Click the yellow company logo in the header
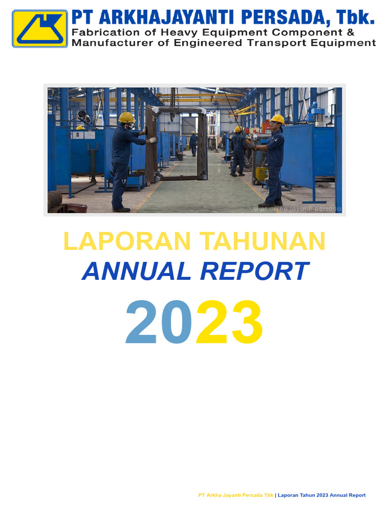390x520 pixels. pos(40,29)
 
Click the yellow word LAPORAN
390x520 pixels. pos(128,241)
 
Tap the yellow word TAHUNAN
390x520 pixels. pos(261,241)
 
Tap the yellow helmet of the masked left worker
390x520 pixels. pos(126,118)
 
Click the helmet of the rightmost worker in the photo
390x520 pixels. pos(277,119)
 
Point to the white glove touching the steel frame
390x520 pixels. pos(152,140)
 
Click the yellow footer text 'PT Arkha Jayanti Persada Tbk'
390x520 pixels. pos(236,495)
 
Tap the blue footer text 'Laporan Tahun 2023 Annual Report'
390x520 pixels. pos(321,495)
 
